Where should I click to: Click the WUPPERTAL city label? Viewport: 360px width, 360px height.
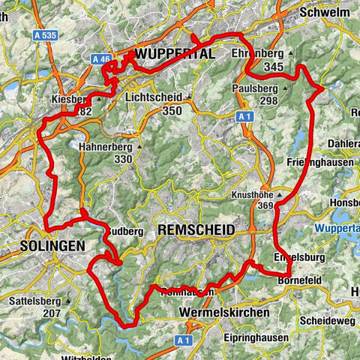click(x=175, y=54)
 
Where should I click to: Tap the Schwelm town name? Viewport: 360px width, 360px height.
click(x=324, y=13)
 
